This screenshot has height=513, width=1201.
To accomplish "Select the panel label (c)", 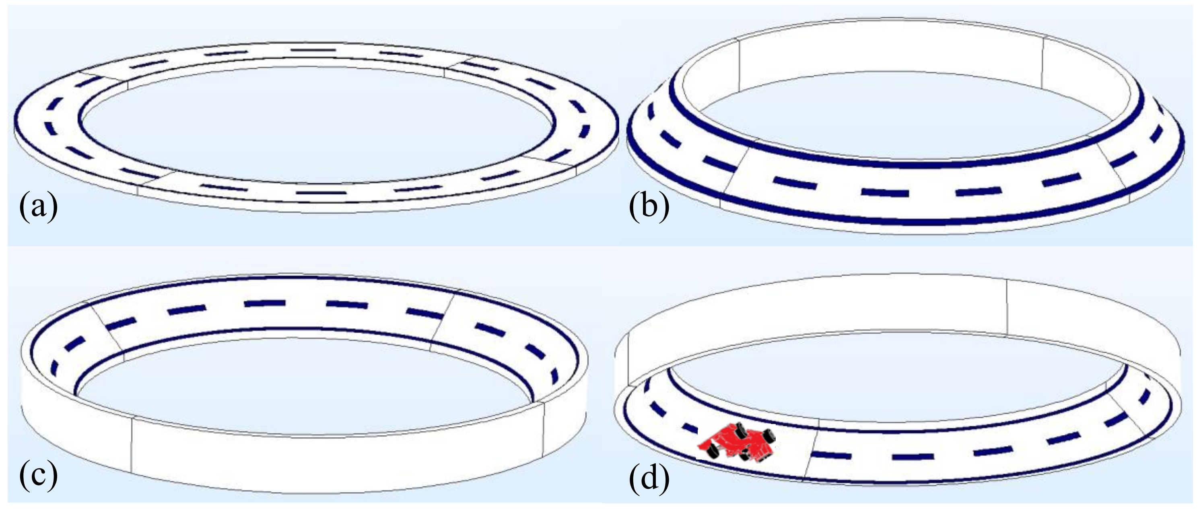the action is [38, 475].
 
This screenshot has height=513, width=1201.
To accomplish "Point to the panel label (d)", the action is [649, 475].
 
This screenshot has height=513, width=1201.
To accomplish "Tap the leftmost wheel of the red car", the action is [712, 451].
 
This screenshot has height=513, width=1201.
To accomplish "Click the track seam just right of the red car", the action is [810, 455].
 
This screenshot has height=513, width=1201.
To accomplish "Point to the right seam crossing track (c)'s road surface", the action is [441, 321].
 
